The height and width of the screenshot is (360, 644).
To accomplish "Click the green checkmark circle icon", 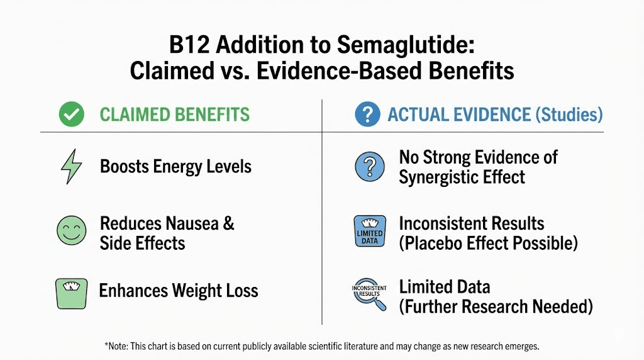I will pyautogui.click(x=72, y=115).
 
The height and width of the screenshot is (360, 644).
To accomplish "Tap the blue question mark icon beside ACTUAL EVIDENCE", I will pyautogui.click(x=367, y=115).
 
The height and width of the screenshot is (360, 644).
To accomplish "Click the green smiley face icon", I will pyautogui.click(x=70, y=230).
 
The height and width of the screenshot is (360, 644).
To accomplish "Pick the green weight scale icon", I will pyautogui.click(x=71, y=293).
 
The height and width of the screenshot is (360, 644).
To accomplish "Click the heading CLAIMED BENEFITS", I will pyautogui.click(x=174, y=115).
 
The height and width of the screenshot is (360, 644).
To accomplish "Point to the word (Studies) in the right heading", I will pyautogui.click(x=569, y=115).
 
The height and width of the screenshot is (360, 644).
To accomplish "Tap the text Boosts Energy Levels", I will pyautogui.click(x=175, y=167).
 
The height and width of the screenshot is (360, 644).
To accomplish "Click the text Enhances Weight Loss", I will pyautogui.click(x=179, y=291).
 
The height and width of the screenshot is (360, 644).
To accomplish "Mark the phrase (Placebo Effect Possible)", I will pyautogui.click(x=488, y=243).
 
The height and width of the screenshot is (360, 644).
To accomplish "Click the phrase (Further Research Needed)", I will pyautogui.click(x=496, y=307).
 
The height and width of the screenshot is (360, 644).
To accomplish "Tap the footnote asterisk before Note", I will pyautogui.click(x=106, y=345).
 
